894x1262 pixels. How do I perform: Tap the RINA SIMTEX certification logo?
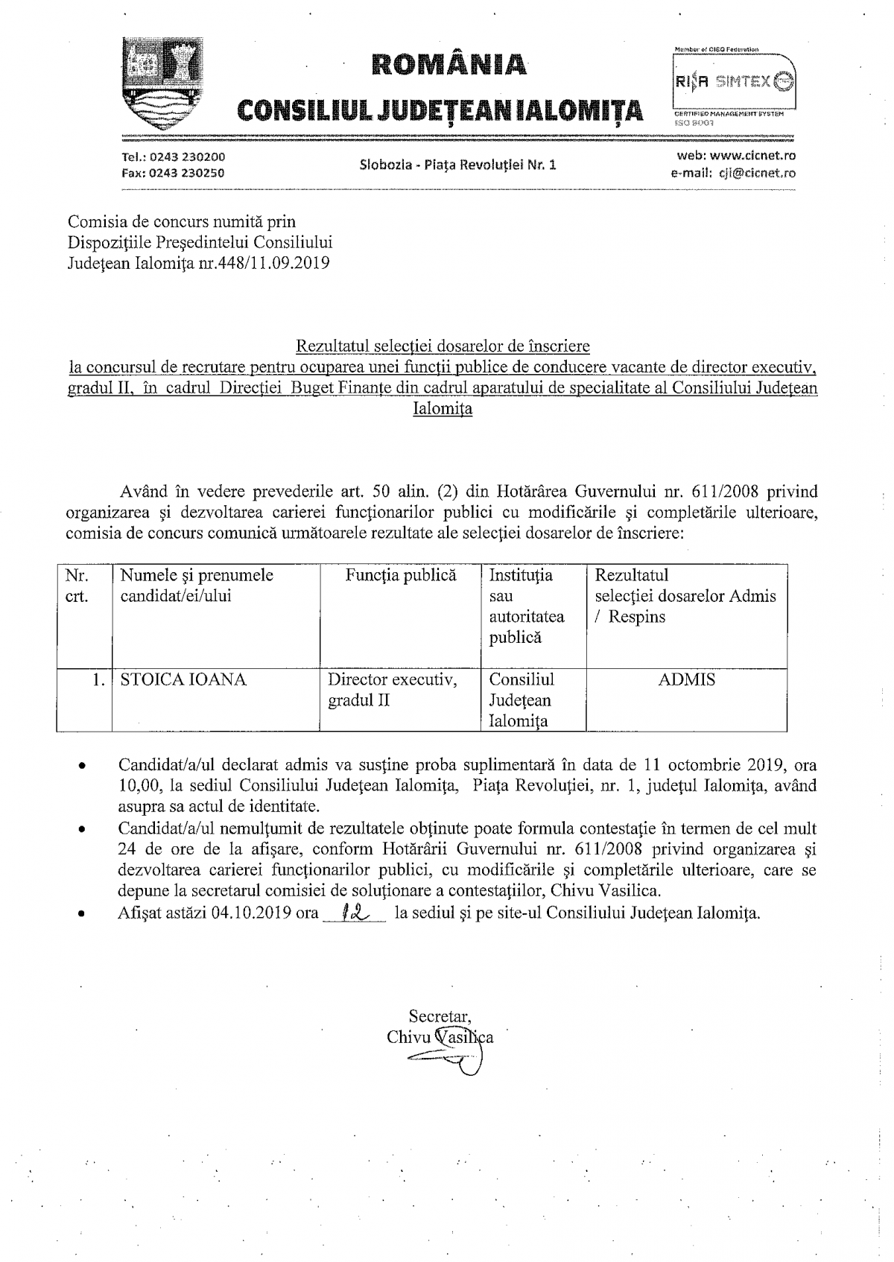[733, 83]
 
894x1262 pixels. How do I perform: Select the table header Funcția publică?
[401, 575]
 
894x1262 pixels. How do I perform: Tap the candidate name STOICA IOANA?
[183, 679]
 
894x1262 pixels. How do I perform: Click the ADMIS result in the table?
[687, 679]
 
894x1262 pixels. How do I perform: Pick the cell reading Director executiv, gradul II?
[393, 690]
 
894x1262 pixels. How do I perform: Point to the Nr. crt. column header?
[77, 586]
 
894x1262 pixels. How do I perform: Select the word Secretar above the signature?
[439, 1016]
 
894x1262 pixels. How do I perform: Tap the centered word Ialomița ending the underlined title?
[443, 408]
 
